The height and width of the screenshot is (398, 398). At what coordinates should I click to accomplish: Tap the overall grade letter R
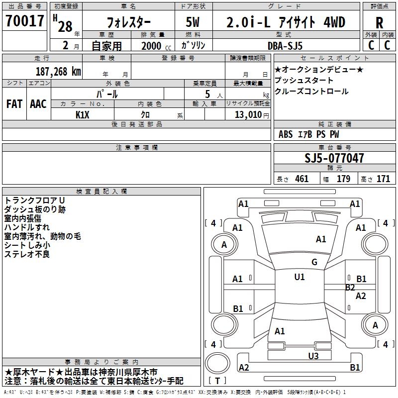379,23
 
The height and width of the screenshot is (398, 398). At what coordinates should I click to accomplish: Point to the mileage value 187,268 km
58,71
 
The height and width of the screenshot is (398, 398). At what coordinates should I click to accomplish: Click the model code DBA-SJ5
285,46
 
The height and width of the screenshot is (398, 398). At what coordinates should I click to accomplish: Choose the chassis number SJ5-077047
334,159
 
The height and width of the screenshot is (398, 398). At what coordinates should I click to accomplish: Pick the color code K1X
83,114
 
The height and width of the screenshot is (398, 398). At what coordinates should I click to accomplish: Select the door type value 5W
193,22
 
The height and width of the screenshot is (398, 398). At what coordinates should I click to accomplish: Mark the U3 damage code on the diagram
313,356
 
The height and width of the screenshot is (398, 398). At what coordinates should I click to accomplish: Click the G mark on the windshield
314,262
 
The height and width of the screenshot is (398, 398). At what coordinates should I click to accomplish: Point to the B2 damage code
350,287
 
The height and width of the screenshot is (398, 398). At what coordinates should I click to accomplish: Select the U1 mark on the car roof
299,277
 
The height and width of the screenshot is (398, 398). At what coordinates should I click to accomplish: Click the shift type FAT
14,103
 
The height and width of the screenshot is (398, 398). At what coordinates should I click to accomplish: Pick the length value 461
301,179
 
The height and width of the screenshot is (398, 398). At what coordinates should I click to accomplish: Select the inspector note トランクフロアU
34,200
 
